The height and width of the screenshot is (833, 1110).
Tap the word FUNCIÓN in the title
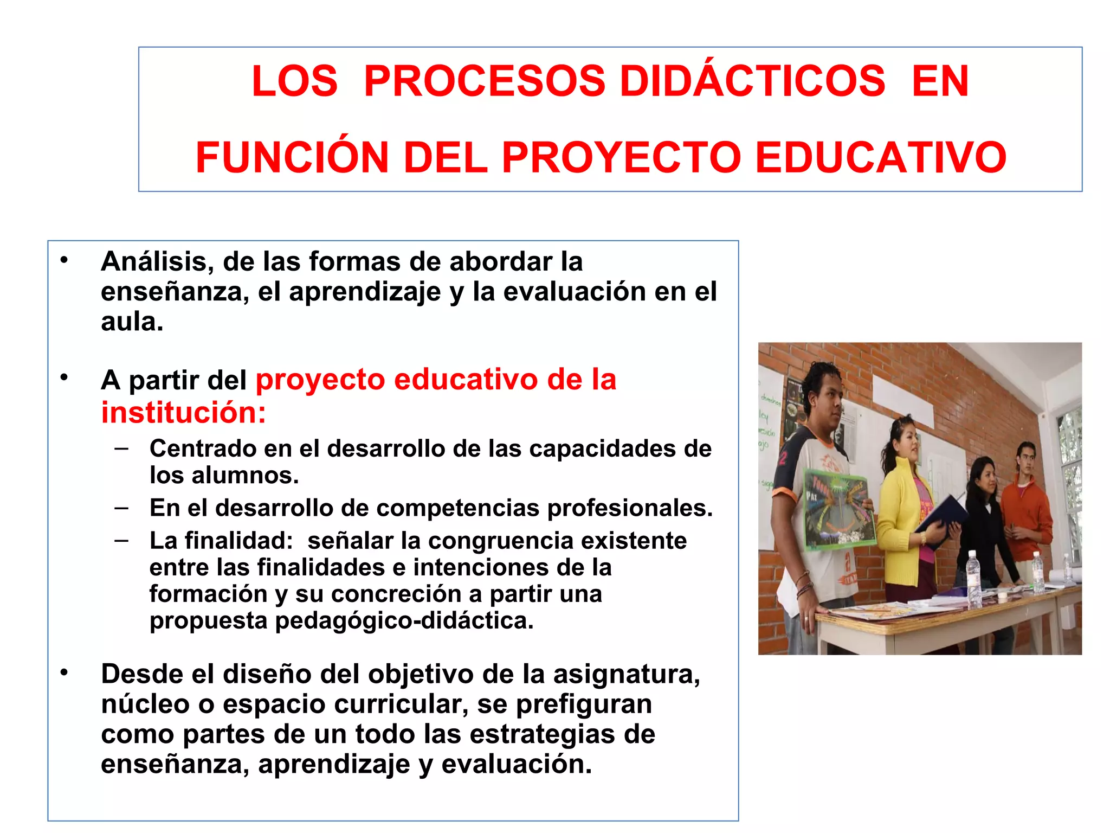(x=292, y=157)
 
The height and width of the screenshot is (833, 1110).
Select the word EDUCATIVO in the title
(x=880, y=157)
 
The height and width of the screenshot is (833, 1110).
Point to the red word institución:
(x=184, y=413)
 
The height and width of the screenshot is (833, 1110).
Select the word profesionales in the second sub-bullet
(x=629, y=508)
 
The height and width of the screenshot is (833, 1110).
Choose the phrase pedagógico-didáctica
(x=404, y=620)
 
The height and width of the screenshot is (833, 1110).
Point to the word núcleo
(x=145, y=704)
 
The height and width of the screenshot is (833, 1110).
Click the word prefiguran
(x=584, y=704)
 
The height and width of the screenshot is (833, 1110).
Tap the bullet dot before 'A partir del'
(x=64, y=377)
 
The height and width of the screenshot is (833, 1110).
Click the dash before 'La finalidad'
(x=122, y=540)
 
